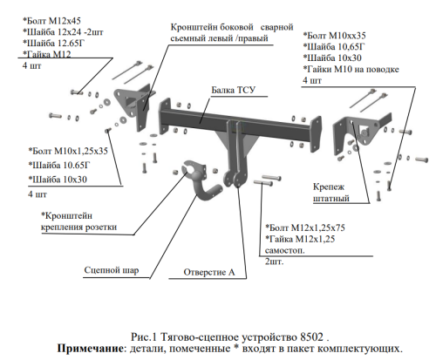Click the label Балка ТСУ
click(233, 90)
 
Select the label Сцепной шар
click(112, 270)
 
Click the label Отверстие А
click(209, 272)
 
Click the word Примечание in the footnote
click(90, 348)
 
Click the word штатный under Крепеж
click(330, 199)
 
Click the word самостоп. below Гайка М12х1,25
click(284, 250)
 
